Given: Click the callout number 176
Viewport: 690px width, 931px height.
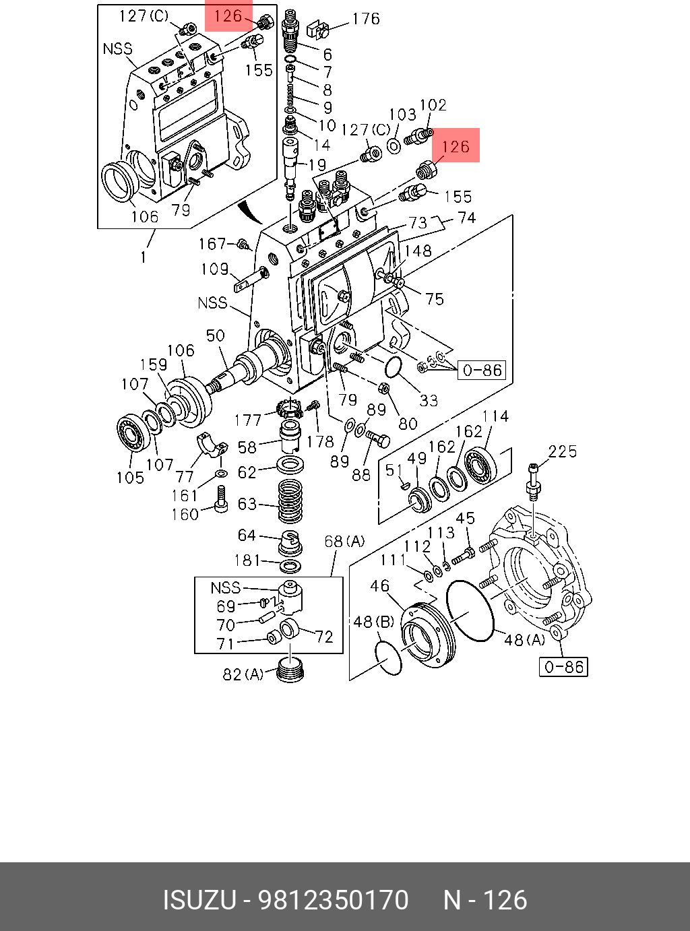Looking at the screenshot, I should [366, 19].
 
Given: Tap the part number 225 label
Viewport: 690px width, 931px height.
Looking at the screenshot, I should [563, 451].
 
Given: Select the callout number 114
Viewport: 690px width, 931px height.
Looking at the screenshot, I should [495, 416].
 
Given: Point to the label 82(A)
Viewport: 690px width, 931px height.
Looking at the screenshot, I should [243, 674].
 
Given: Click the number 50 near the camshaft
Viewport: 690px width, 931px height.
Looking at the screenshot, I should [215, 335].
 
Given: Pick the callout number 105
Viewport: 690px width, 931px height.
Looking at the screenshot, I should [130, 478].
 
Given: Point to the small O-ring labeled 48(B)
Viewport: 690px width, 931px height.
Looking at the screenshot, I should [387, 657].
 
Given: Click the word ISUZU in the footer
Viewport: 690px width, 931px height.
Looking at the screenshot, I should [199, 901].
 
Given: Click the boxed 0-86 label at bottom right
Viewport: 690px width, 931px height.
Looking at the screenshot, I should [563, 667].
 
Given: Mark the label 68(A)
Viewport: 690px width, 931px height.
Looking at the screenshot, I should [344, 541].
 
